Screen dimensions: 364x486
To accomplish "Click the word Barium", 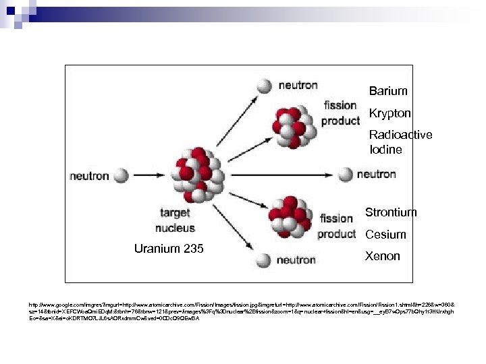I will click(x=388, y=90).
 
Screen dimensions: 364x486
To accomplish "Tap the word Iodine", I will click(x=385, y=150).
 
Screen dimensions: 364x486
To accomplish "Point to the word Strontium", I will click(x=391, y=212).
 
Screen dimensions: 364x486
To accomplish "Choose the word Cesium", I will click(x=386, y=235).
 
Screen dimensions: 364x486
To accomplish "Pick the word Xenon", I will click(x=383, y=256).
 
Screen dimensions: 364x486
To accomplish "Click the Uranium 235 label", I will click(x=169, y=249).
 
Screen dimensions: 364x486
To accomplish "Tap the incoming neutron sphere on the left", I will click(x=122, y=176).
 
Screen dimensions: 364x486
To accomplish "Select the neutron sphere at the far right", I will click(x=346, y=175).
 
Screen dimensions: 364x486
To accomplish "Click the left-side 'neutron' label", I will click(x=88, y=176).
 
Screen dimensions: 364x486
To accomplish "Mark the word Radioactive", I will click(x=400, y=135).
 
